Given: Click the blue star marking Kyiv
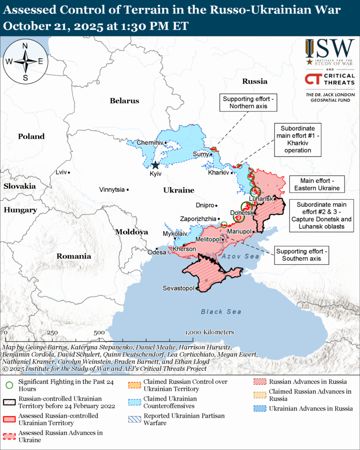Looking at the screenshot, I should pos(155,165).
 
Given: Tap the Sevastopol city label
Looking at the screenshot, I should pos(178,288).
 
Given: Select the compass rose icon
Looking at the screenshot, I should pos(25,61).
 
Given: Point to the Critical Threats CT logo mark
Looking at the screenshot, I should pos(314,79).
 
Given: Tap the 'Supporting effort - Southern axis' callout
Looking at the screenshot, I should pos(302,255).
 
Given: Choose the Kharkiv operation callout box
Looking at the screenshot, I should pos(298,139).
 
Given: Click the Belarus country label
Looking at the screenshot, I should pos(125,101).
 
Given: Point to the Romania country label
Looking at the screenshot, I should pos(74,256).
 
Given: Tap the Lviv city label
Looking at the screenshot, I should pos(61,172).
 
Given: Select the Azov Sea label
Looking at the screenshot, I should pos(240,256).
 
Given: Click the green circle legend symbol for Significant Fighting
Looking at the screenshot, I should pos(9,385).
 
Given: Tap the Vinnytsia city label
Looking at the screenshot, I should pos(112,190).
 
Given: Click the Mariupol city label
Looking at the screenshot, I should pos(240,232).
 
